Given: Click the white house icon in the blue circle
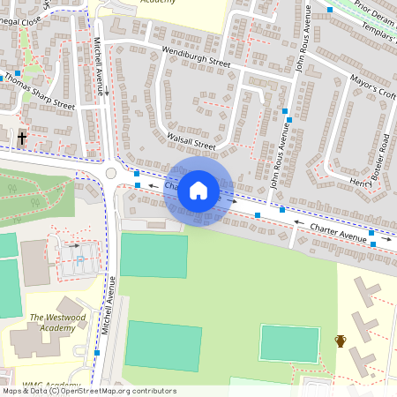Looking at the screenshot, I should point(198,191).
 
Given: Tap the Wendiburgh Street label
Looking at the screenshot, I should point(196,57).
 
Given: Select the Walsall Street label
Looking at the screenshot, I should point(191,141).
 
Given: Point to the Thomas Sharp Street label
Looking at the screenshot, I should point(40,90).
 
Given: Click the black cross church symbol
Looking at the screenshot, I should point(21,139).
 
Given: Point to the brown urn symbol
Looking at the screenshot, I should point(341,341).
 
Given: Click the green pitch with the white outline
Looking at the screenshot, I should point(289,343).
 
